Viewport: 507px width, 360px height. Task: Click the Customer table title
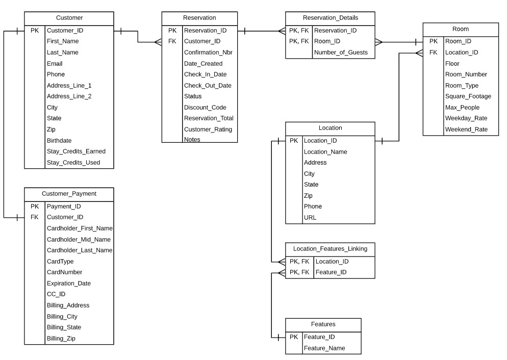click(x=69, y=18)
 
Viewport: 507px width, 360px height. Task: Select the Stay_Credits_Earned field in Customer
click(x=76, y=151)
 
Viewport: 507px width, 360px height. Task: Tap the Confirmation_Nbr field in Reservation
click(x=208, y=52)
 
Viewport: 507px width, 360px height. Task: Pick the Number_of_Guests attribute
click(x=341, y=52)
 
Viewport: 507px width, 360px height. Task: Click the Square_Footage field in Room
click(x=468, y=96)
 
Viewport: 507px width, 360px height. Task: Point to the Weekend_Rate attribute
click(x=466, y=130)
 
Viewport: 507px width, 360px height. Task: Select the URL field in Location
click(x=310, y=218)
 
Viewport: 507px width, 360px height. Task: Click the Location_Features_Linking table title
click(x=330, y=249)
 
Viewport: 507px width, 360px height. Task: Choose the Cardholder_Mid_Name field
click(x=79, y=240)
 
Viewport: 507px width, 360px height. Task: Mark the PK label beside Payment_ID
click(x=35, y=207)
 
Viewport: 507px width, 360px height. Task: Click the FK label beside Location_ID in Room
click(x=433, y=53)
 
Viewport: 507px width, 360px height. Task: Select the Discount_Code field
click(x=205, y=108)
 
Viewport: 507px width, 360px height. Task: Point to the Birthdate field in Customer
click(x=59, y=141)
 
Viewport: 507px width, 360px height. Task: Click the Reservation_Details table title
click(x=330, y=18)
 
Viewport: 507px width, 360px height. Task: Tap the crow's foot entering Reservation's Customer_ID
click(x=157, y=42)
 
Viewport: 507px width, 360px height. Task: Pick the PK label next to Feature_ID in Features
click(x=294, y=337)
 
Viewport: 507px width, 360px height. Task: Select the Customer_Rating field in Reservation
click(x=208, y=130)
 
